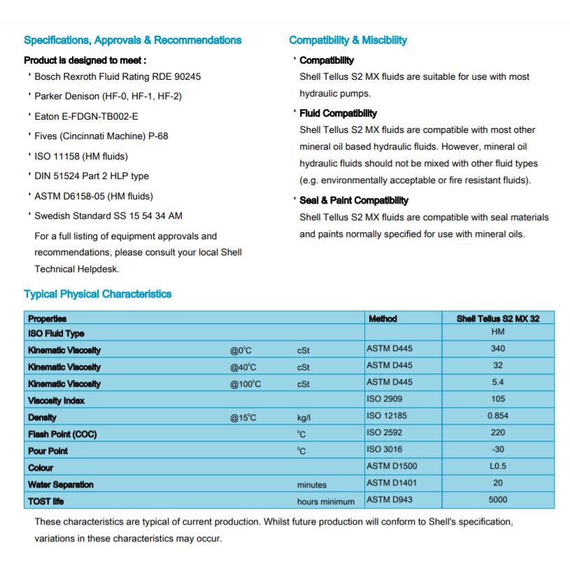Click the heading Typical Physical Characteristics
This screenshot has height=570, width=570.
coord(97,294)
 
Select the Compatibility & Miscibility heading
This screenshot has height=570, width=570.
coord(348,40)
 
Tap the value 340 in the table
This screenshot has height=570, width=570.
coord(498,348)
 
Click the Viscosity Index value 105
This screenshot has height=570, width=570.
coord(498,399)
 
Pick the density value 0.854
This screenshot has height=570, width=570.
coord(498,415)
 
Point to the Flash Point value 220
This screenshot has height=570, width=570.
coord(498,432)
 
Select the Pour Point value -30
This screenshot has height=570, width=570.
coord(498,449)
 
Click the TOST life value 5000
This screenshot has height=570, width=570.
coord(498,499)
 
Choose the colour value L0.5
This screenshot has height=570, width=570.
coord(498,466)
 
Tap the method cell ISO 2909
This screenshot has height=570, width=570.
coord(385,399)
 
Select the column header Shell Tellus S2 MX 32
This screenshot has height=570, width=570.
coord(498,318)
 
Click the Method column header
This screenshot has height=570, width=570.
coord(383,318)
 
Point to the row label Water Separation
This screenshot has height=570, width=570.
coord(61,485)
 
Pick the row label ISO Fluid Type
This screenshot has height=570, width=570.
coord(56,334)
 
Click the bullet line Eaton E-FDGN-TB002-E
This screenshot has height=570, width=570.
coord(86,116)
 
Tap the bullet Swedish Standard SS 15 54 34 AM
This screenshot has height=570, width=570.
coord(108,215)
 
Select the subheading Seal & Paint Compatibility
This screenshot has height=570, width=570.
coord(354,200)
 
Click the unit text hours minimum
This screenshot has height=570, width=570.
coord(325,501)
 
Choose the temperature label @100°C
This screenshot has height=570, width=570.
coord(245,384)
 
